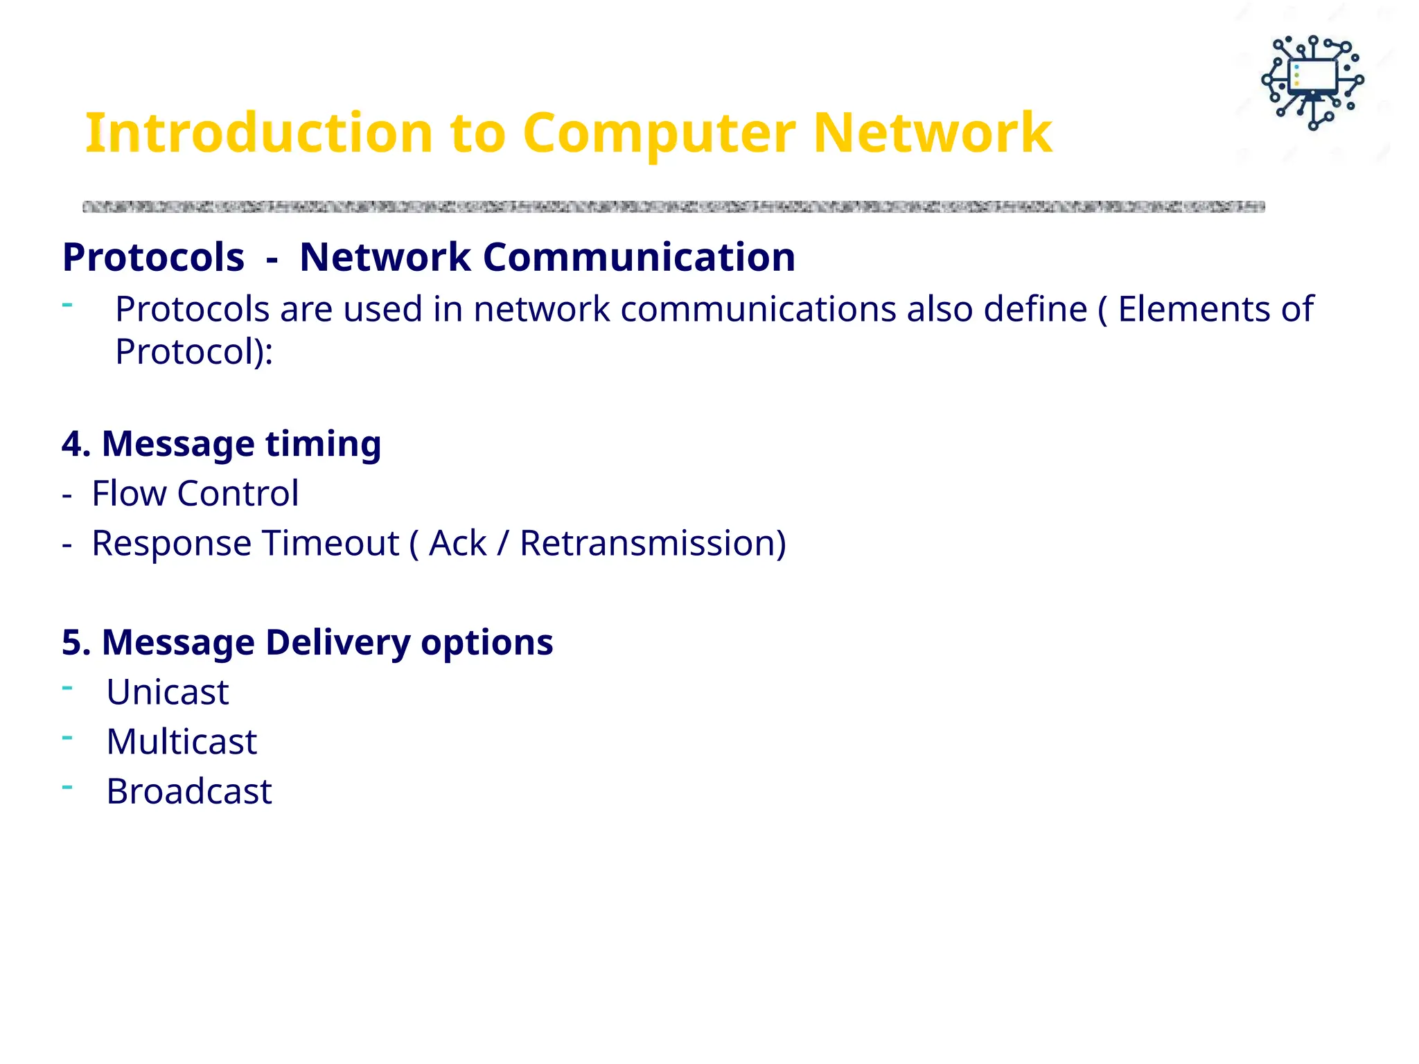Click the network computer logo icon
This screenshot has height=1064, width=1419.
click(x=1312, y=82)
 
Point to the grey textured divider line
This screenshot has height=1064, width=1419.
click(x=672, y=206)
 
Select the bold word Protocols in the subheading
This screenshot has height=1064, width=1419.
click(x=153, y=257)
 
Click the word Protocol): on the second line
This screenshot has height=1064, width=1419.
click(x=194, y=352)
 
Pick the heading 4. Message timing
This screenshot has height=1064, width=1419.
click(x=221, y=443)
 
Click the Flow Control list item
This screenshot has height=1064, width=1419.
click(x=195, y=494)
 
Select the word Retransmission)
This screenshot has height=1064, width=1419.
click(x=653, y=543)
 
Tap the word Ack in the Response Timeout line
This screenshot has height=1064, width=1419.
click(x=457, y=543)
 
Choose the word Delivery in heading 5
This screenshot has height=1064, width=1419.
click(x=337, y=642)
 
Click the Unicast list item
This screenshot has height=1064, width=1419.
click(x=167, y=692)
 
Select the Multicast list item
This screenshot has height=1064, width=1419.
click(x=182, y=742)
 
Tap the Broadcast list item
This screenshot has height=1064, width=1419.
click(x=188, y=792)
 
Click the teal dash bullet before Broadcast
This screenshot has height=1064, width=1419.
click(x=67, y=787)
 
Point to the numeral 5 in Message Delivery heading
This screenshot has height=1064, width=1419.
click(x=71, y=642)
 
